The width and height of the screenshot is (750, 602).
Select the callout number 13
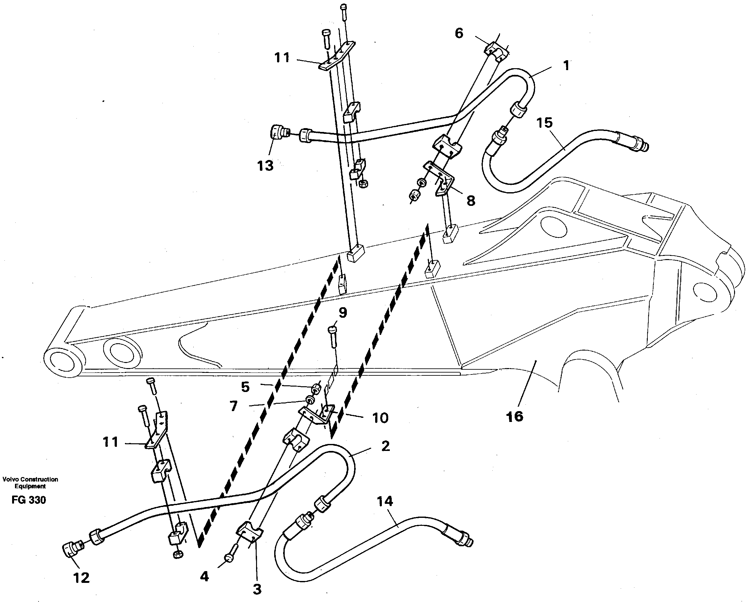coord(265,166)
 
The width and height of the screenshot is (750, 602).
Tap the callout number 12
coord(82,578)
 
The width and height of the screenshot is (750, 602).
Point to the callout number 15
coord(544,123)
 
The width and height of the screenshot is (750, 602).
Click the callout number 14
coord(385,501)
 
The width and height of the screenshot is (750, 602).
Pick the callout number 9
coord(343,313)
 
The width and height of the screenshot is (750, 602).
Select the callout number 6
coord(459,34)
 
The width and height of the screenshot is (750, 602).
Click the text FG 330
coord(29,500)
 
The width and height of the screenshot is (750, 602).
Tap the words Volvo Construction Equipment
coord(30,482)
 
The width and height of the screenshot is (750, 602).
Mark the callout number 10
coord(380,417)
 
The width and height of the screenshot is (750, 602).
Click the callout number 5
coord(245,387)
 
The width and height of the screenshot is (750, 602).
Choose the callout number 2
coord(385,446)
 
